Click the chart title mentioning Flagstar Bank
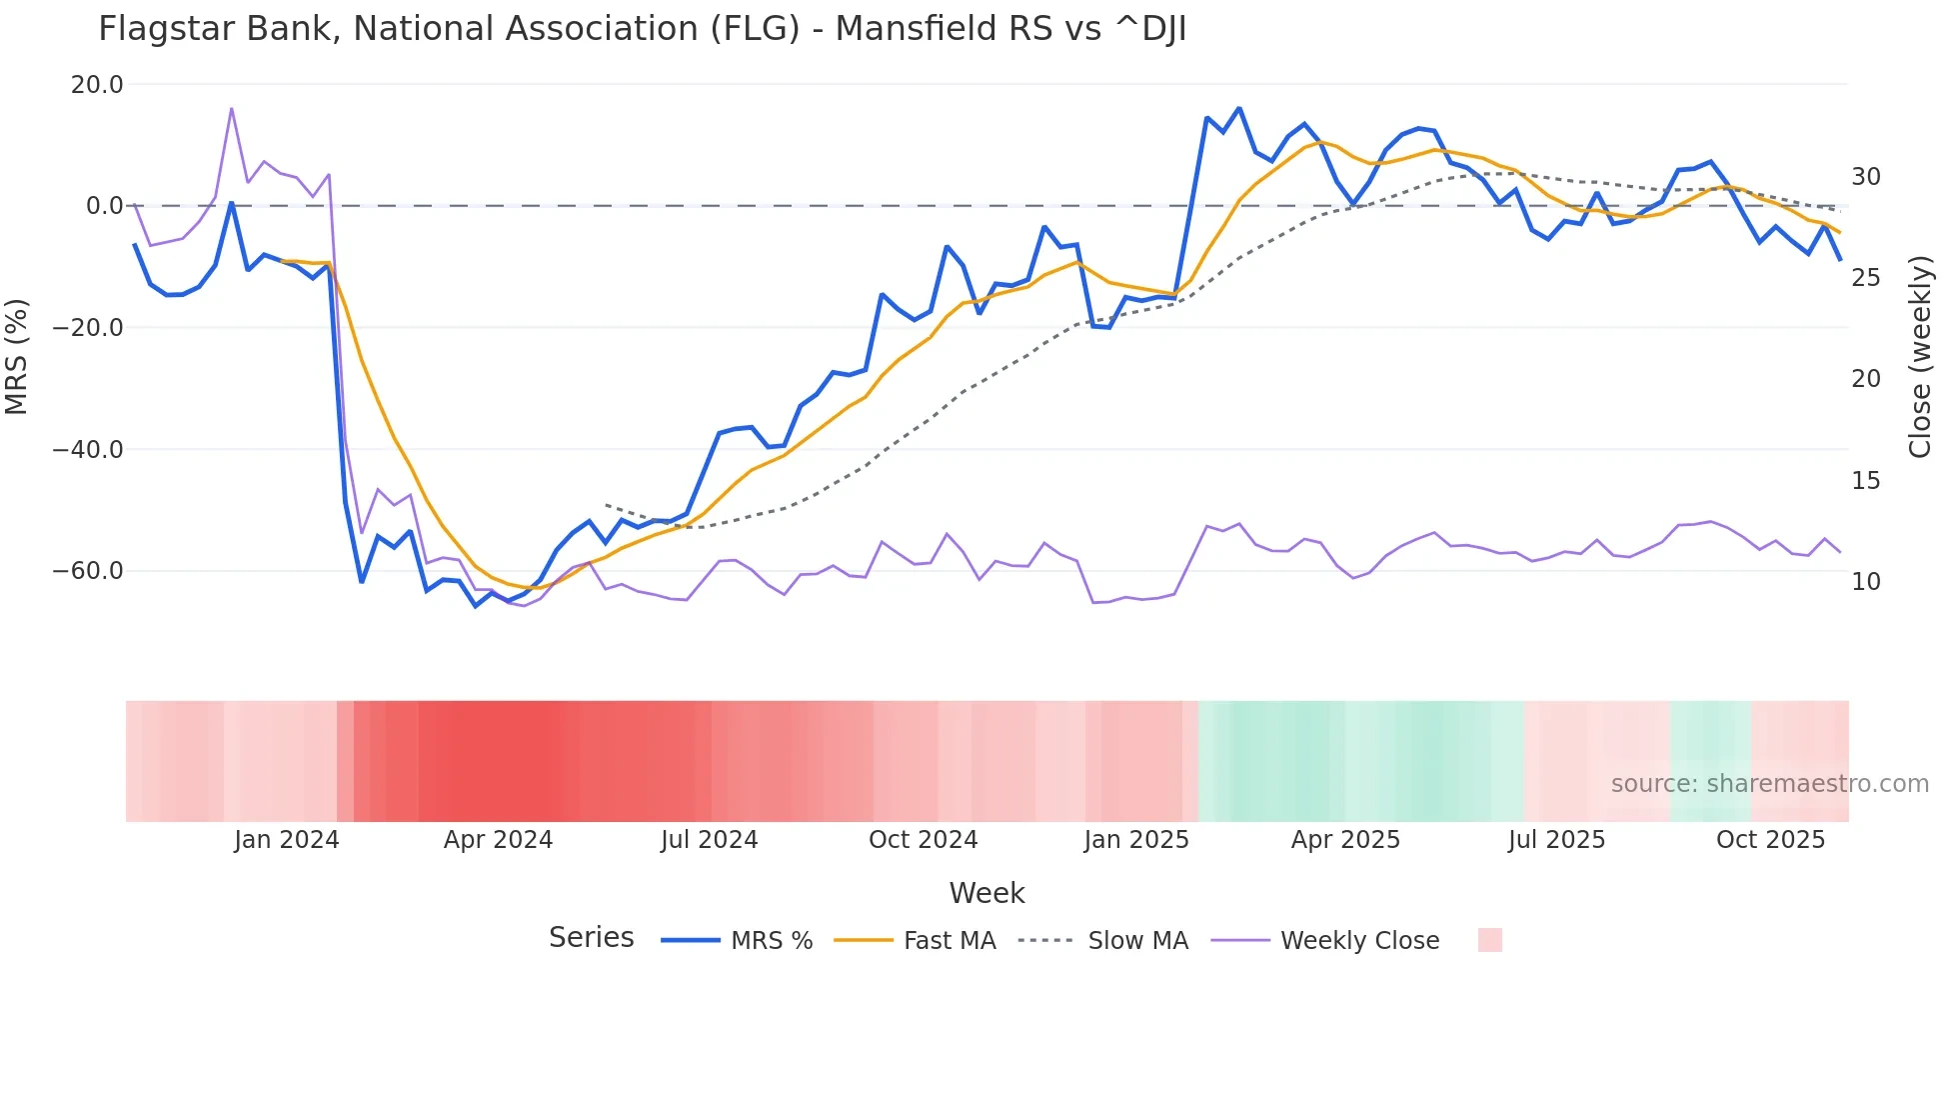[642, 29]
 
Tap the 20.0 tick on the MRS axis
[97, 85]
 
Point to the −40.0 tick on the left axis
[88, 450]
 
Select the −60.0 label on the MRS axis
[88, 571]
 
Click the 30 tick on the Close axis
[1865, 177]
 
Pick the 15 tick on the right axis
[1865, 481]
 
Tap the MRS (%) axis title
[17, 356]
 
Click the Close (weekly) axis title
[1919, 357]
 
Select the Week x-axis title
[986, 893]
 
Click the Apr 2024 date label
[498, 840]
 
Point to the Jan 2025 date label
[1136, 840]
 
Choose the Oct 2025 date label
[1770, 840]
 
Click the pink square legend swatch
[1489, 940]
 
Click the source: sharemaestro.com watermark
[1769, 784]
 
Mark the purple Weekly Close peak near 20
[232, 108]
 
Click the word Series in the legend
[591, 938]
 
